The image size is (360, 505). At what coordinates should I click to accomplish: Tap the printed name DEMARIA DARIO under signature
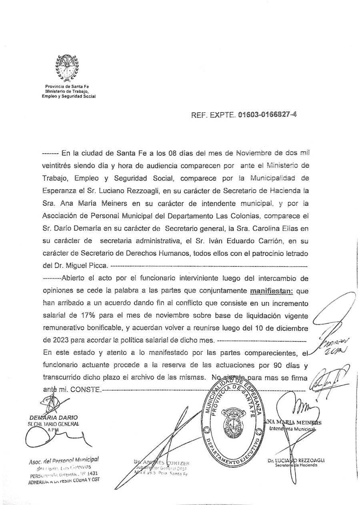coord(54,417)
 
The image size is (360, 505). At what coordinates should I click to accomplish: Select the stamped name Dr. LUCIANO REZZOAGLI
coord(296,460)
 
